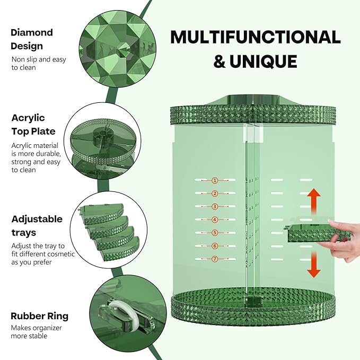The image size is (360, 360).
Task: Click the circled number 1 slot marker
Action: click(215, 180)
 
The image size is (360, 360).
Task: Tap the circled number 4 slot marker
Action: click(215, 219)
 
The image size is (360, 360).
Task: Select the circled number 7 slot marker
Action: click(215, 259)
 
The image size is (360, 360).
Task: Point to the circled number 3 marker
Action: click(215, 206)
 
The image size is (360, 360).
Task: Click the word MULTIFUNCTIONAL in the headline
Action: click(255, 37)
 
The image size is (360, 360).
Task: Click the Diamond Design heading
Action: click(32, 39)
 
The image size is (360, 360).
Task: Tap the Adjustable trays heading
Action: click(37, 226)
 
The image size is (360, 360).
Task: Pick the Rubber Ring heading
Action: click(39, 316)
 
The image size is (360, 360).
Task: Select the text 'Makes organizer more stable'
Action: click(37, 332)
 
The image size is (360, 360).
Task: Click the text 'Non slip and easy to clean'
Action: click(39, 64)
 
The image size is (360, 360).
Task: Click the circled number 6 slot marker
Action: click(215, 246)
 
